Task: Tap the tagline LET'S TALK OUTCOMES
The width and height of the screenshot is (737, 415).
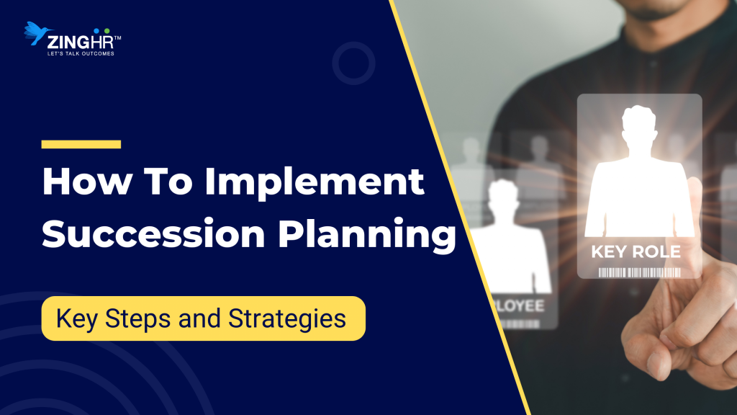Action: pos(81,53)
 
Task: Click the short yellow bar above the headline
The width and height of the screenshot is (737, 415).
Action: pos(81,144)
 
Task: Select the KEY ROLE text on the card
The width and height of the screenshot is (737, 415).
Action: pos(636,252)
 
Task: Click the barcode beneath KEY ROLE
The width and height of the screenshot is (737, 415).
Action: pos(639,272)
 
